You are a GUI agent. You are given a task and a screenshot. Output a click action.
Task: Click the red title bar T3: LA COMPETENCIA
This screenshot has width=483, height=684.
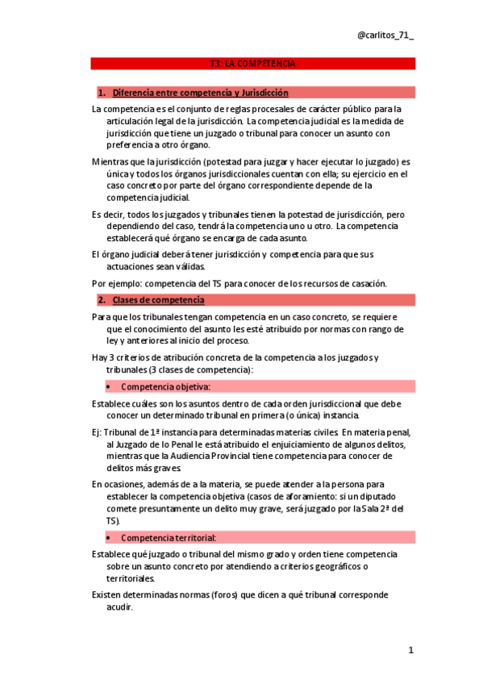[x=252, y=63]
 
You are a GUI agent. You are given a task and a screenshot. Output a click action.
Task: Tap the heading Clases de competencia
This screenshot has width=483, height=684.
[x=158, y=300]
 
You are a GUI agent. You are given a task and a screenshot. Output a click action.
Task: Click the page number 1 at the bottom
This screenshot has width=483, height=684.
[x=410, y=650]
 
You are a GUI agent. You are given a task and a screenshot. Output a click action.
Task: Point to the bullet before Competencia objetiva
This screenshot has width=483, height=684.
[x=108, y=386]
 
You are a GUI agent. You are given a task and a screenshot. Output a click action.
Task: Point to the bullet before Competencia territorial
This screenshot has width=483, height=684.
[x=108, y=537]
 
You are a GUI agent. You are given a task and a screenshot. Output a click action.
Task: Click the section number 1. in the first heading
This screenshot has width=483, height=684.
[x=102, y=93]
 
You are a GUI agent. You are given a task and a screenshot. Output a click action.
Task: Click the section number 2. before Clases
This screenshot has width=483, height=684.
[x=102, y=300]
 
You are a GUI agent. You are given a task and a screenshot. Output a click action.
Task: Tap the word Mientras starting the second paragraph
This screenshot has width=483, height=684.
[x=111, y=161]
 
